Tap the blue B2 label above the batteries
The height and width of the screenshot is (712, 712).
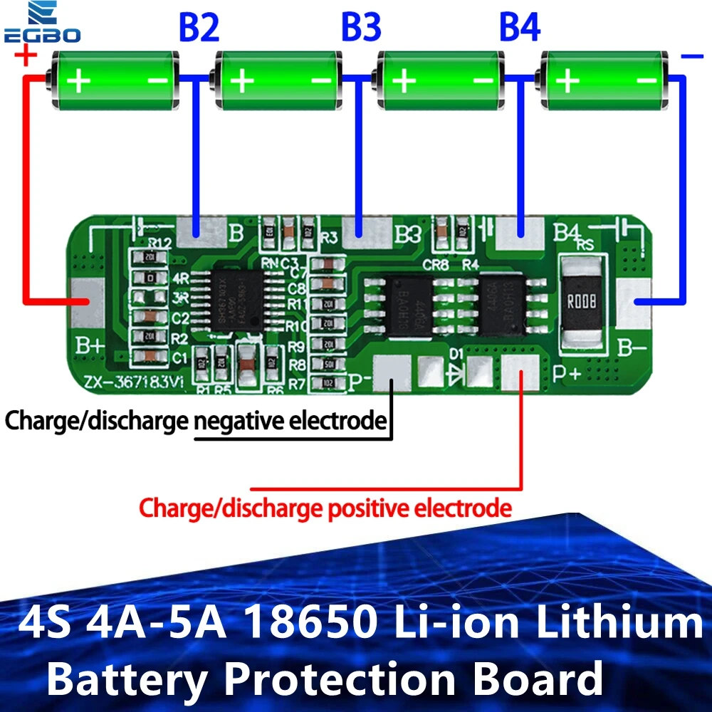(x=199, y=28)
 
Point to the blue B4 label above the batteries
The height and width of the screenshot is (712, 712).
(x=519, y=28)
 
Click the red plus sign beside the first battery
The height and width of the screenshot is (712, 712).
(x=25, y=55)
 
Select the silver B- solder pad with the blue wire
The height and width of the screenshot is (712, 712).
(x=633, y=303)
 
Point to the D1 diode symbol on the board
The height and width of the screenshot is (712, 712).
(x=454, y=371)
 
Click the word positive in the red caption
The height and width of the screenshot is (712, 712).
(x=370, y=508)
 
